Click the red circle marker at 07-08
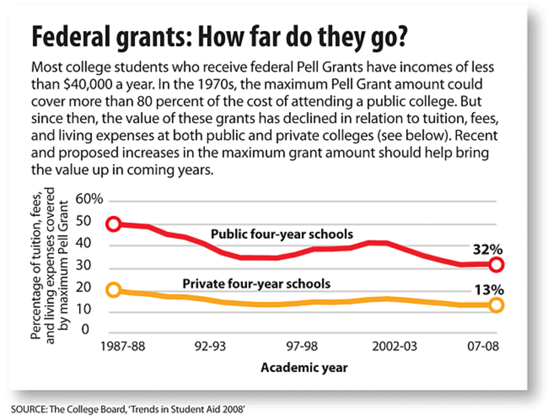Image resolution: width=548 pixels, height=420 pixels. click(x=496, y=265)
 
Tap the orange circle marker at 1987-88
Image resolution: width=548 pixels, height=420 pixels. click(x=113, y=290)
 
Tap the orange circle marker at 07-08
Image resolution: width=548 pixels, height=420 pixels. click(x=496, y=305)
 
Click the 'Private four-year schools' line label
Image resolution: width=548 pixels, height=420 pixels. click(x=256, y=283)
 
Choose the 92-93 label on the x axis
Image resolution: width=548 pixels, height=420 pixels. click(x=209, y=347)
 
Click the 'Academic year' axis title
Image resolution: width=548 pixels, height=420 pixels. click(x=304, y=367)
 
